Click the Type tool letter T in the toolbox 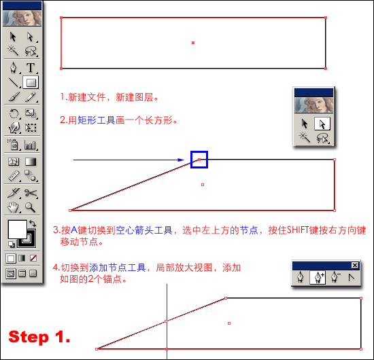click(31, 68)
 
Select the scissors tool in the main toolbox click(31, 193)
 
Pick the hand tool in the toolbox click(13, 207)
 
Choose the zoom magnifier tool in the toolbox click(31, 207)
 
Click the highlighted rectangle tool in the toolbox click(31, 82)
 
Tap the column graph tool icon click(30, 145)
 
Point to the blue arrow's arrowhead click(182, 160)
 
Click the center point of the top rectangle click(193, 43)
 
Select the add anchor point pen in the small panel click(318, 277)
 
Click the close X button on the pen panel click(355, 266)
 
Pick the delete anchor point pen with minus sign click(335, 277)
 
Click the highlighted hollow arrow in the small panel click(322, 124)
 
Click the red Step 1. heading click(39, 337)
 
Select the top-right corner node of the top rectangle click(326, 18)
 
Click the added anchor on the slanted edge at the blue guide click(166, 321)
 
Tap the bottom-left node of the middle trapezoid click(70, 211)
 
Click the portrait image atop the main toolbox click(22, 18)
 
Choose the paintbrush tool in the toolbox click(14, 97)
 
